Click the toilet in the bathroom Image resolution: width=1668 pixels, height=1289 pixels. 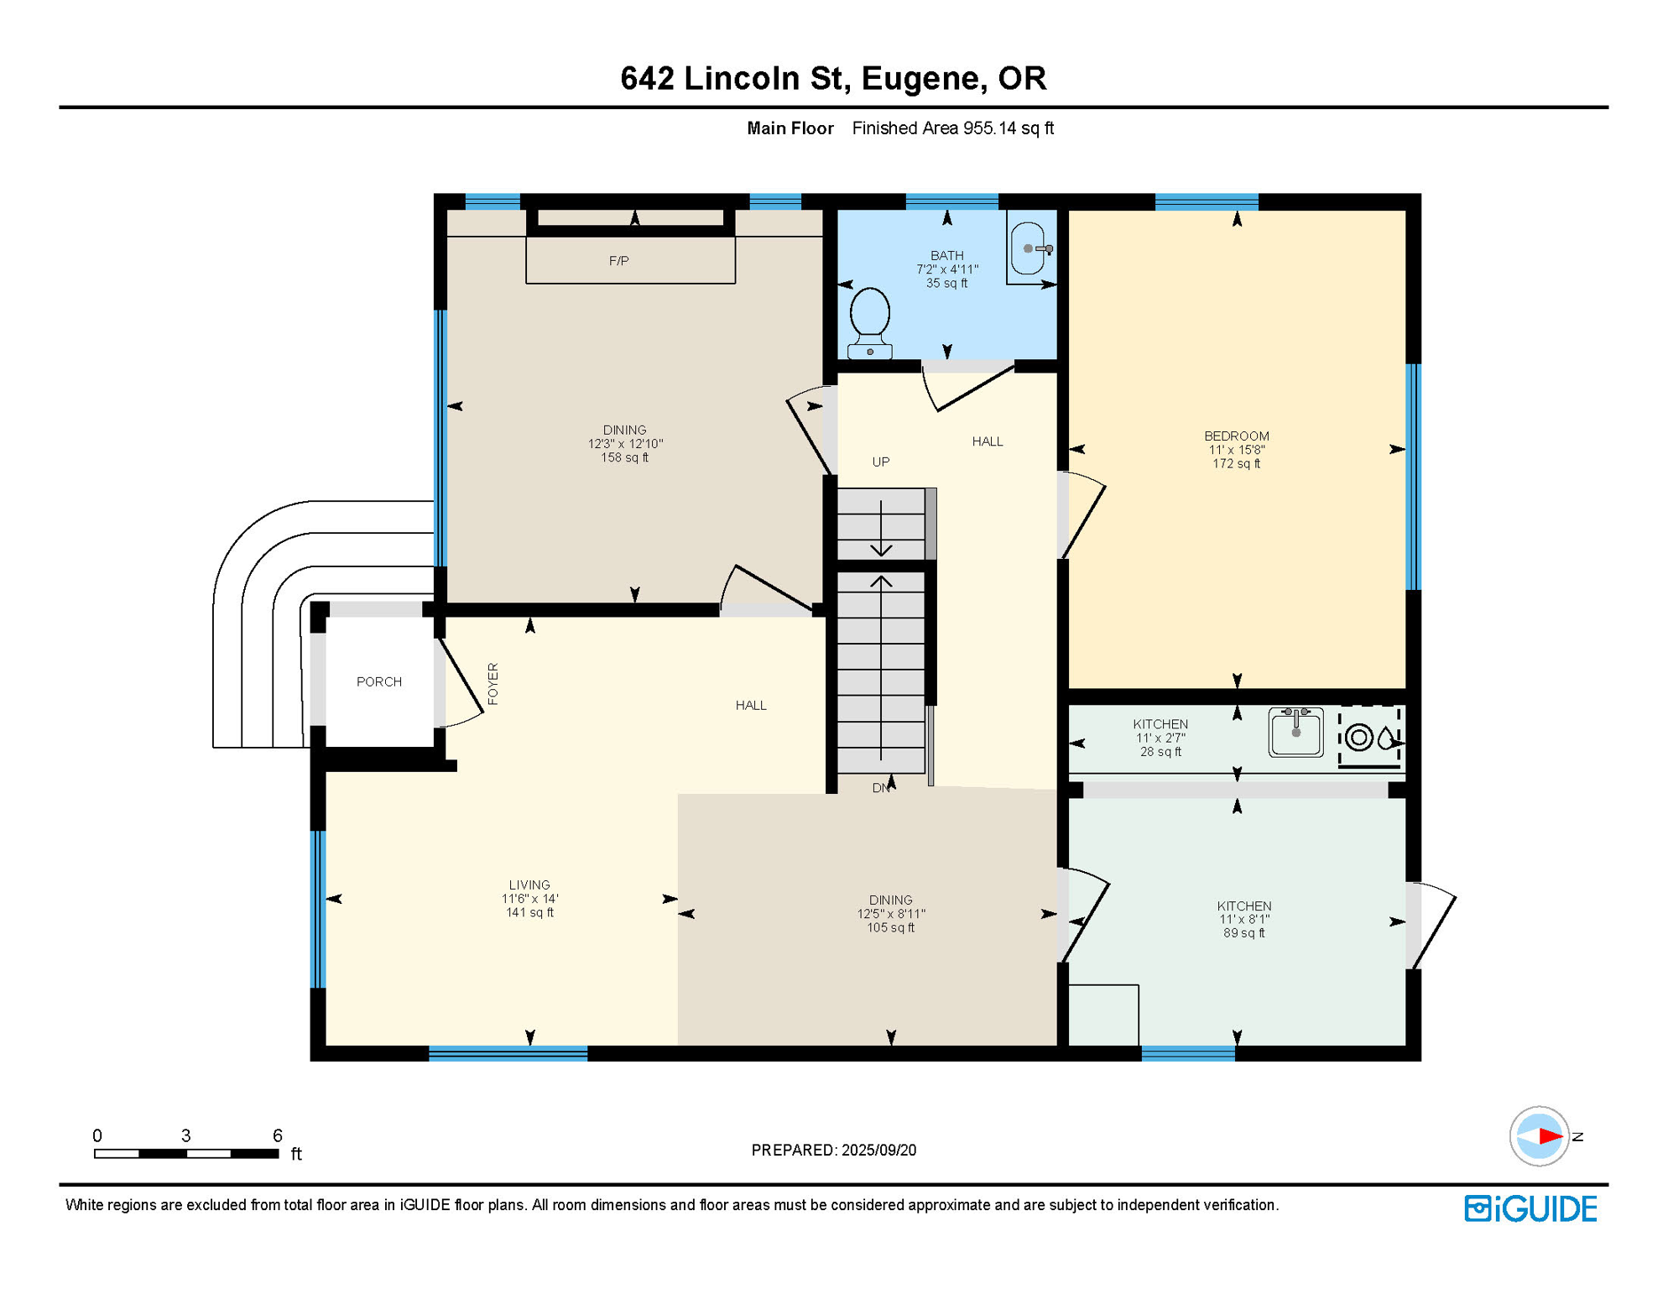pyautogui.click(x=870, y=323)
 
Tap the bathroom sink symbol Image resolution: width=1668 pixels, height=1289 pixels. pyautogui.click(x=1031, y=248)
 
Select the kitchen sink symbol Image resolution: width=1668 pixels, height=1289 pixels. pyautogui.click(x=1295, y=732)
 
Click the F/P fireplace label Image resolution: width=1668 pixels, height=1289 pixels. pyautogui.click(x=619, y=261)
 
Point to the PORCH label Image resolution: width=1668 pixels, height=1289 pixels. pyautogui.click(x=379, y=681)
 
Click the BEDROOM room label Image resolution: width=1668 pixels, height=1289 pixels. pyautogui.click(x=1237, y=436)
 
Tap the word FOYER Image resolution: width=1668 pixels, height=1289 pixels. pyautogui.click(x=493, y=684)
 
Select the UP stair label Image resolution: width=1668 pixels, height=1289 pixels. pyautogui.click(x=881, y=462)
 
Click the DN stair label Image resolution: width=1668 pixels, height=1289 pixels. pyautogui.click(x=880, y=788)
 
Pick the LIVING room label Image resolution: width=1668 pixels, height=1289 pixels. pyautogui.click(x=529, y=885)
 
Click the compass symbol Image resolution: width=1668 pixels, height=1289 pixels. pyautogui.click(x=1540, y=1136)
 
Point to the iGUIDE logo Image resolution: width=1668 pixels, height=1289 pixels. pyautogui.click(x=1531, y=1208)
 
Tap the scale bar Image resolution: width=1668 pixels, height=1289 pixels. pyautogui.click(x=186, y=1154)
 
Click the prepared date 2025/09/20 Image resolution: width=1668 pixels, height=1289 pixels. pyautogui.click(x=879, y=1150)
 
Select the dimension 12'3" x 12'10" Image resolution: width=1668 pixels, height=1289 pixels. pyautogui.click(x=625, y=444)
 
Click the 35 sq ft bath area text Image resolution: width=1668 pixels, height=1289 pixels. pyautogui.click(x=947, y=284)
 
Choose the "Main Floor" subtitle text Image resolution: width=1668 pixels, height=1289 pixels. pyautogui.click(x=790, y=128)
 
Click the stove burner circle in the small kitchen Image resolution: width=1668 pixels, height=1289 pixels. pyautogui.click(x=1359, y=738)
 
